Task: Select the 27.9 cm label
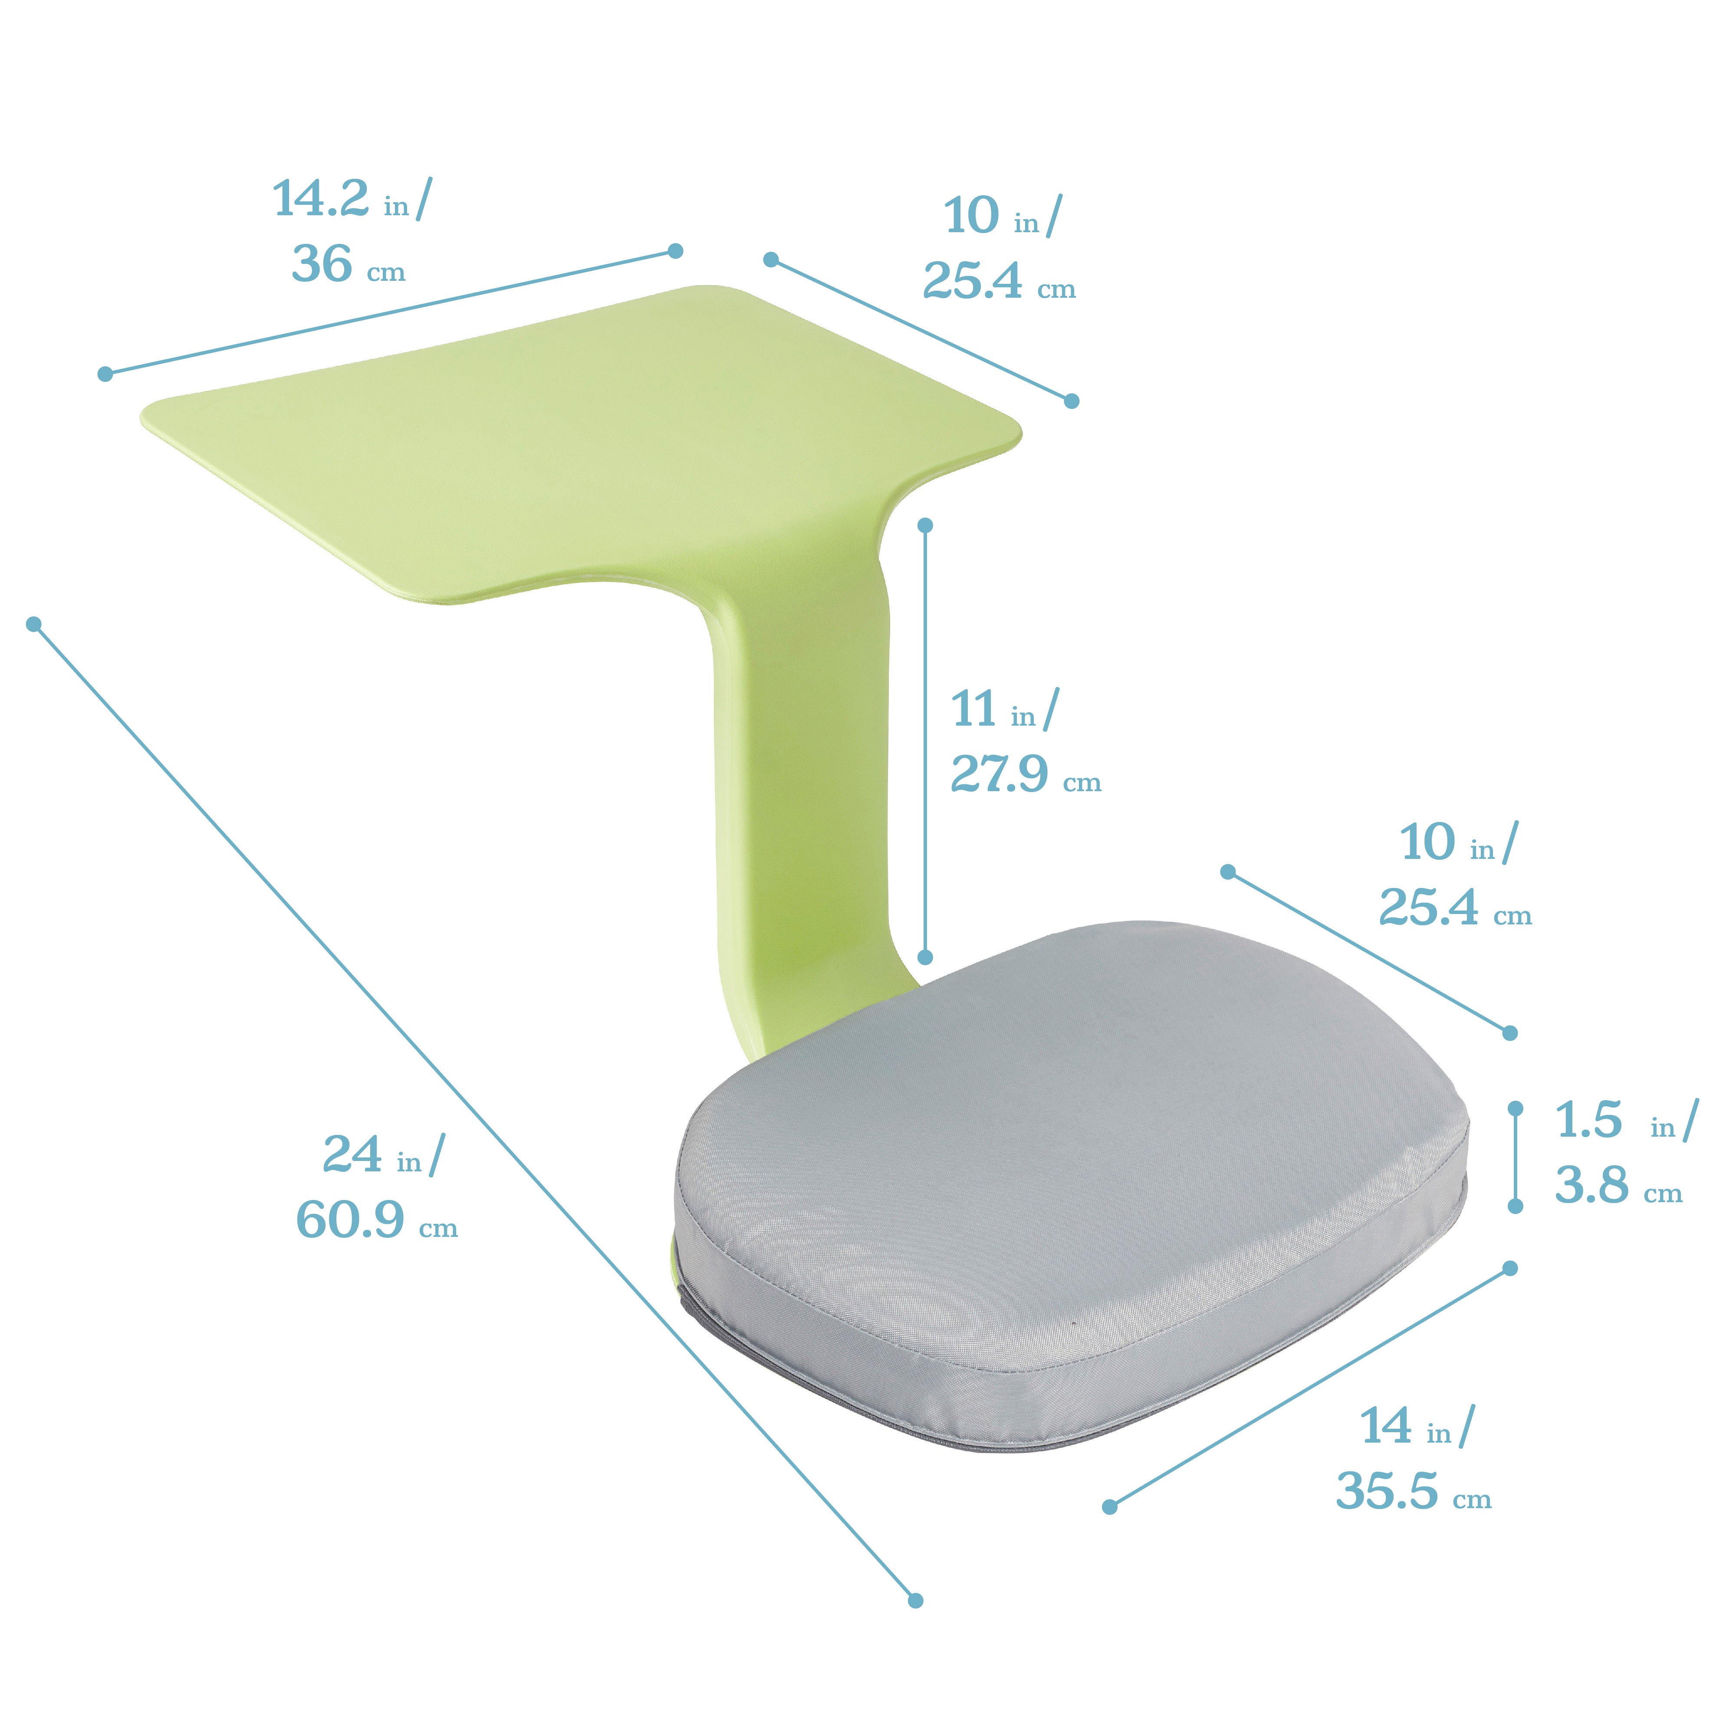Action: tap(1024, 775)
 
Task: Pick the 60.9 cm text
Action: tap(375, 1221)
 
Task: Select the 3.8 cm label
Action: tap(1618, 1186)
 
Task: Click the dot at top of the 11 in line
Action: tap(926, 525)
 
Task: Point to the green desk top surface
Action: tap(557, 449)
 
